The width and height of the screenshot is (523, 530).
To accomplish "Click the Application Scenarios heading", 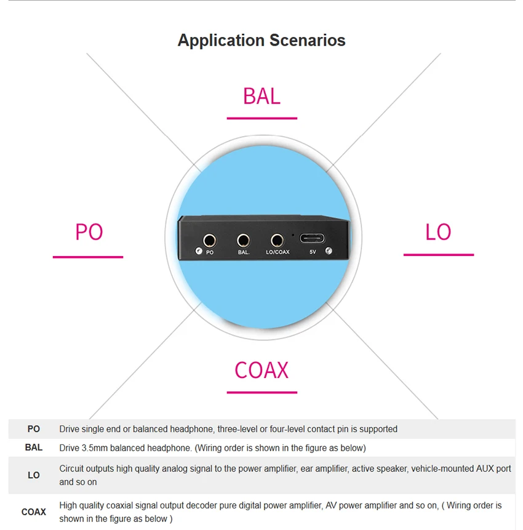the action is click(x=261, y=41).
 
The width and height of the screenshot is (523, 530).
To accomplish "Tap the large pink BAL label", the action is click(x=262, y=96).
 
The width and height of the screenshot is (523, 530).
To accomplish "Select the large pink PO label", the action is click(x=89, y=232).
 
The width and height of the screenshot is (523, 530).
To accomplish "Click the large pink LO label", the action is click(x=438, y=232).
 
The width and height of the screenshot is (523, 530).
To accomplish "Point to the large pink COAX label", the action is click(x=261, y=370).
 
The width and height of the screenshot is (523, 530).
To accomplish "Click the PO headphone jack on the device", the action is click(x=209, y=241).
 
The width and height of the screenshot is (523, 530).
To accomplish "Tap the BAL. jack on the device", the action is click(x=243, y=241).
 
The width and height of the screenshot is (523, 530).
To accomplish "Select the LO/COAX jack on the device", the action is click(x=277, y=241).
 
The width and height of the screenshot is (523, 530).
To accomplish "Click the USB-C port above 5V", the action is click(x=312, y=239).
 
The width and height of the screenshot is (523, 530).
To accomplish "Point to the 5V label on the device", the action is click(x=313, y=252).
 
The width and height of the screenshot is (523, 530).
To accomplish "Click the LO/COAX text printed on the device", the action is click(x=277, y=252).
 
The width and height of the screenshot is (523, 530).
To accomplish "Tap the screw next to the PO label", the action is click(x=199, y=251).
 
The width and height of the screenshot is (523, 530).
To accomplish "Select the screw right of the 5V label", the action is click(x=329, y=251).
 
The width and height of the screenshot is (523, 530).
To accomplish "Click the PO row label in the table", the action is click(x=34, y=429).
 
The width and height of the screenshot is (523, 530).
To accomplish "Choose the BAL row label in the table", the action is click(x=34, y=448).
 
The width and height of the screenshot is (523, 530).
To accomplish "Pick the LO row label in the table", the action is click(x=34, y=475).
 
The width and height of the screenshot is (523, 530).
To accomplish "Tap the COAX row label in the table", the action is click(x=34, y=512).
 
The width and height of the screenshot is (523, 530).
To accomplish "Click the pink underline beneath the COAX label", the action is click(x=262, y=393).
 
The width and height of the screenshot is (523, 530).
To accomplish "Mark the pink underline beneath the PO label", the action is click(x=88, y=257).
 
